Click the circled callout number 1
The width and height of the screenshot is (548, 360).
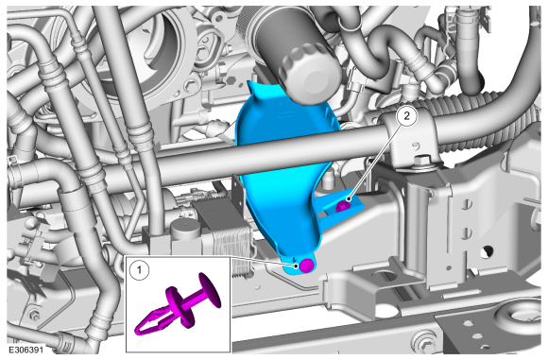[x=139, y=270]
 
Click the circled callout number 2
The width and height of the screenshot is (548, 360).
[x=406, y=115]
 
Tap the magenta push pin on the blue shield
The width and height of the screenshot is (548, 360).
[x=307, y=266]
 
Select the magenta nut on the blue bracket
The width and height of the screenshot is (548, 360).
[x=341, y=206]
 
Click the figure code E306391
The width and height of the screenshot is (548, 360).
[x=26, y=350]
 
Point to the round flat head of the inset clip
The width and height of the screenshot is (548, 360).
[x=210, y=290]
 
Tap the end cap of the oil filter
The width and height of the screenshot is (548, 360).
[x=309, y=76]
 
